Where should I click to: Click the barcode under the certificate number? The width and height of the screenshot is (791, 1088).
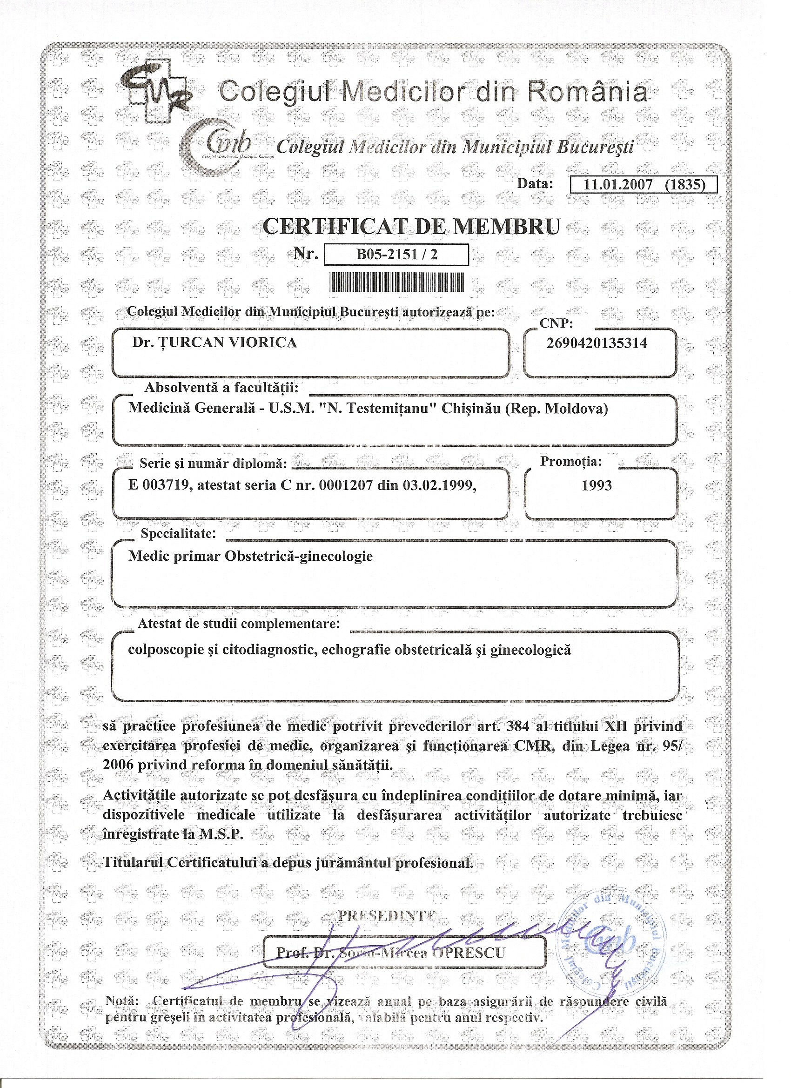point(397,282)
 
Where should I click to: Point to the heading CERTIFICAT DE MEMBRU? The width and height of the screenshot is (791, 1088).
point(412,227)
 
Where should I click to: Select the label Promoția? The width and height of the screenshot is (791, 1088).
point(571,462)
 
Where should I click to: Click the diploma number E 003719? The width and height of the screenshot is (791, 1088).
point(158,485)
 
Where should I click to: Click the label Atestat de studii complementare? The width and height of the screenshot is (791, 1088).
point(238,624)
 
